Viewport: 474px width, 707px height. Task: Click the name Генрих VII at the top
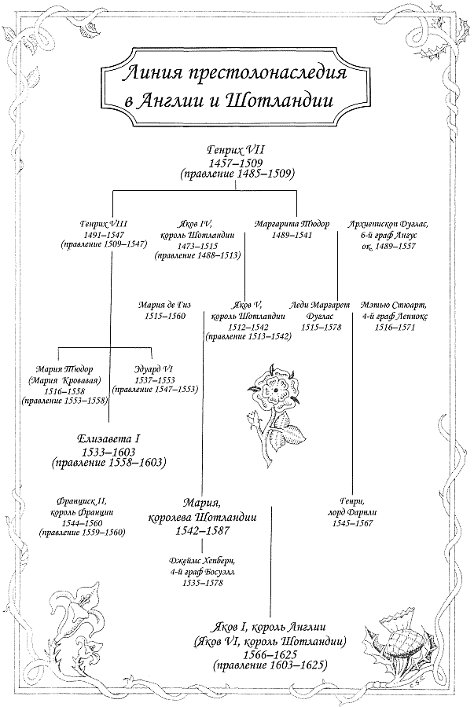(237, 148)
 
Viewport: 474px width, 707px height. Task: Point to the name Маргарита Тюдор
(292, 224)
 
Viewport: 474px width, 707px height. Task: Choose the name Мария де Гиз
(164, 304)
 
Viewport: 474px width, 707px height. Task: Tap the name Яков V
(247, 304)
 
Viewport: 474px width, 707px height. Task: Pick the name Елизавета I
(108, 438)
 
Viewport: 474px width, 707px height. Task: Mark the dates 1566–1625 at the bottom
(270, 654)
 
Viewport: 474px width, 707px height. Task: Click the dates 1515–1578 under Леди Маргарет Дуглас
(322, 327)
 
